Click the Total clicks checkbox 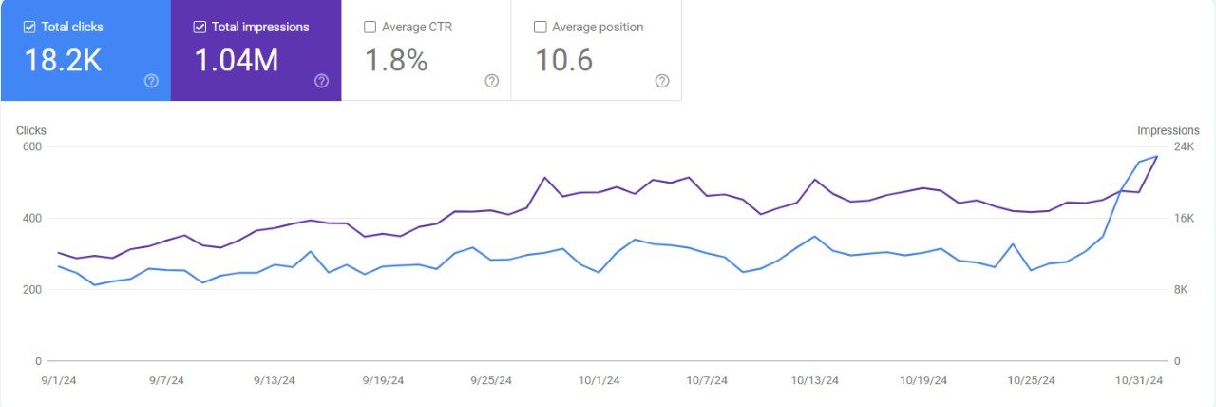point(28,28)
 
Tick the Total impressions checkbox point(199,28)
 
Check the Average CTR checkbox point(370,28)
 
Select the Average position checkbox point(541,28)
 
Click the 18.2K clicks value point(63,61)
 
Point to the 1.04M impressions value point(236,61)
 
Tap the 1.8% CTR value point(396,61)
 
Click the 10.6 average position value point(564,61)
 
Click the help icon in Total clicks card point(151,81)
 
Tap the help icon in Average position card point(662,81)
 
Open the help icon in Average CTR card point(491,81)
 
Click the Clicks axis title point(31,130)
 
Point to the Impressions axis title point(1168,130)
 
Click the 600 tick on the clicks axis point(31,146)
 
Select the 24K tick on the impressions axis point(1184,146)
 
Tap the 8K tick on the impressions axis point(1181,290)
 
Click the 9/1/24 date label point(59,380)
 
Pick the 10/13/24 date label point(814,380)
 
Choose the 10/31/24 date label point(1138,380)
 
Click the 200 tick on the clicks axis point(31,290)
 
